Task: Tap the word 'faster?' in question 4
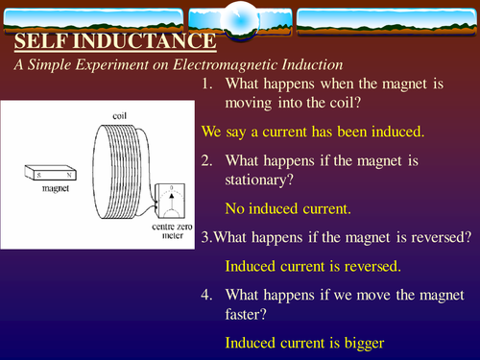point(248,316)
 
